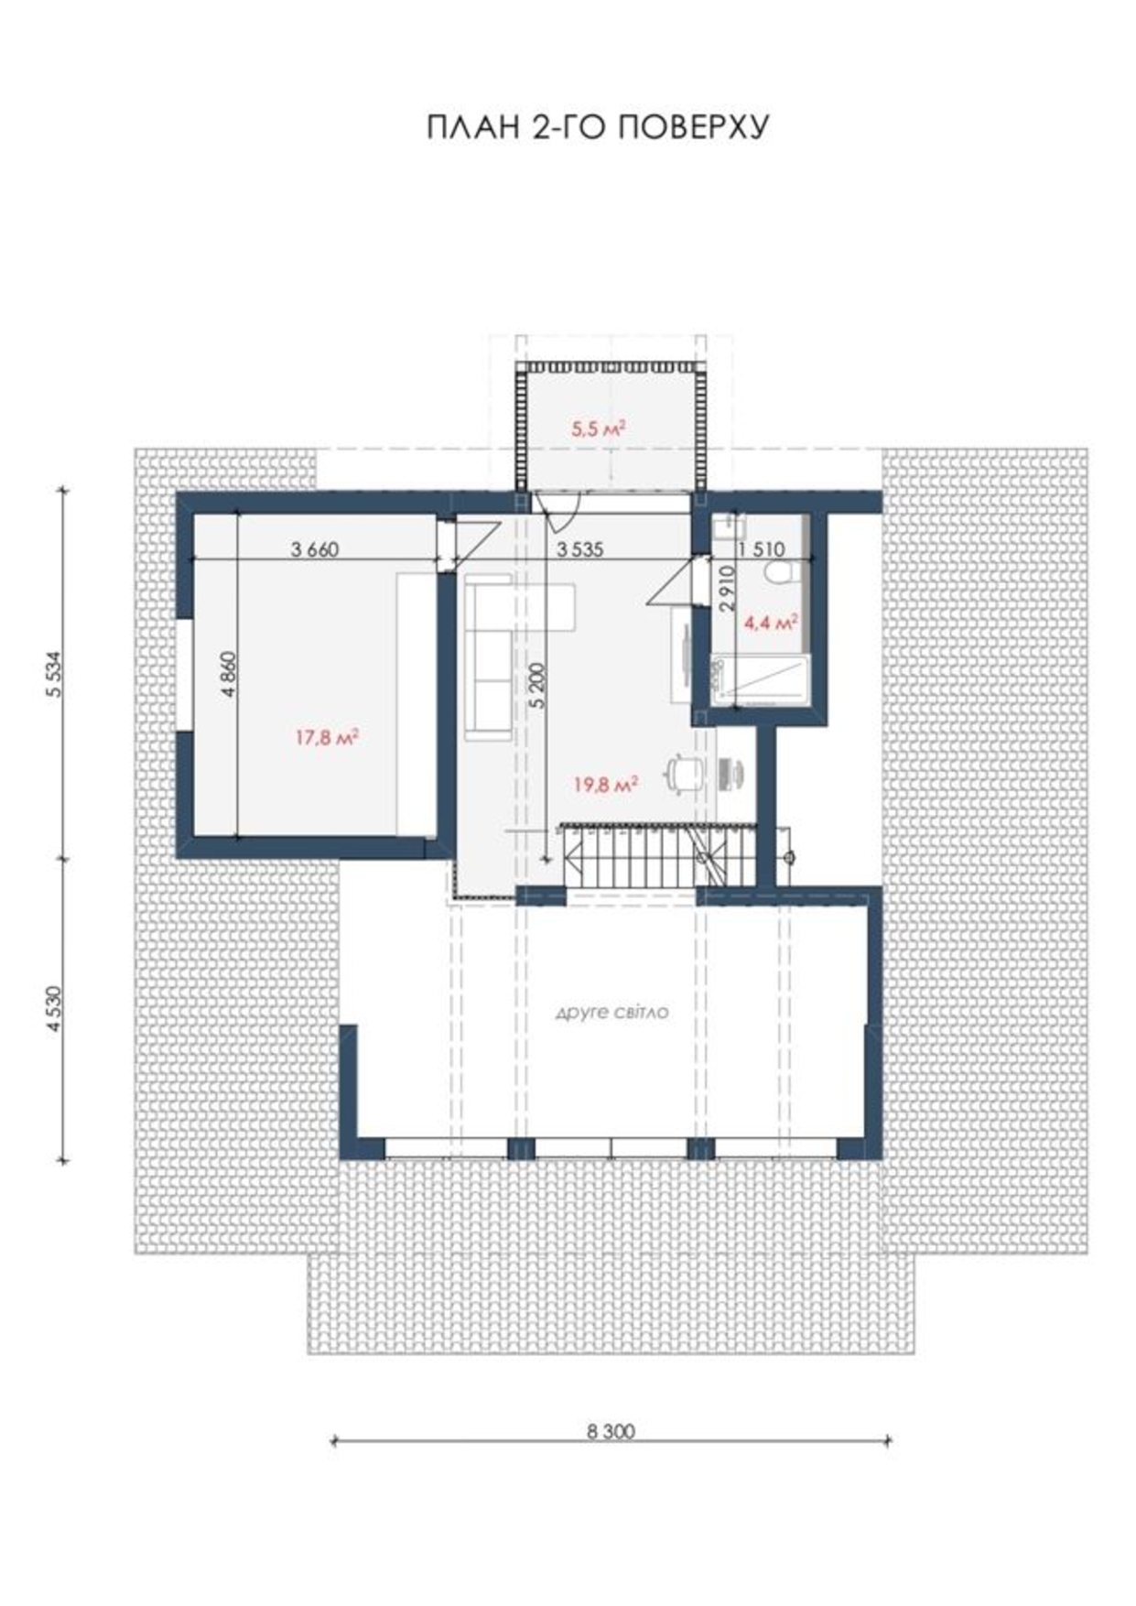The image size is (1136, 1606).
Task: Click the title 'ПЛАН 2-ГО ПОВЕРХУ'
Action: click(x=597, y=127)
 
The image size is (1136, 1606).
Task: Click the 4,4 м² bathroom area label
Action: click(x=771, y=624)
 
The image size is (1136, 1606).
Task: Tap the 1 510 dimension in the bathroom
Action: click(x=762, y=549)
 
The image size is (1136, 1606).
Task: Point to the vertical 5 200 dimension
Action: click(x=537, y=685)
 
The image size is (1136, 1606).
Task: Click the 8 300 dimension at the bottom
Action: click(x=610, y=1431)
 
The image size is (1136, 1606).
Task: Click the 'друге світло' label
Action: click(x=612, y=1013)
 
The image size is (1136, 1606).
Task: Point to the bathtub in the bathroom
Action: click(x=763, y=680)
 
